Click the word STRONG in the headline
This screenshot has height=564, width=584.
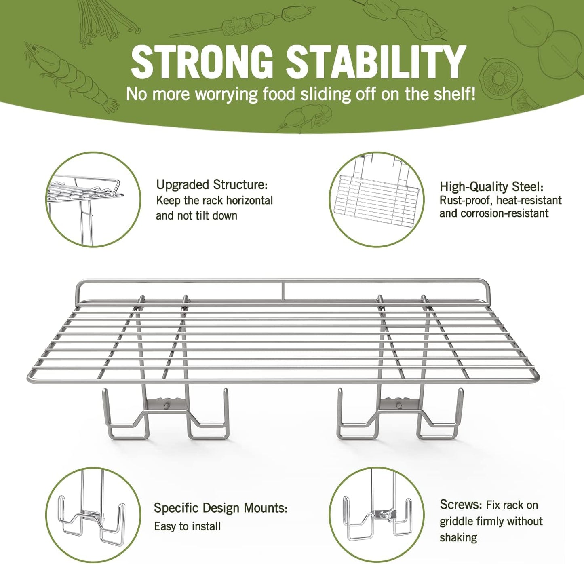coord(202,62)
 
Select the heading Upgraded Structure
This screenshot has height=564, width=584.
coord(212,185)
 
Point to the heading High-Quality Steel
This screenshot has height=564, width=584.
coord(491,187)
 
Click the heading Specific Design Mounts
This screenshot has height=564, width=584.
coord(221,507)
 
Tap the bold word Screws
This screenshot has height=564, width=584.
coord(460,505)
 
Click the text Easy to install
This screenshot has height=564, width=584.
coord(187,526)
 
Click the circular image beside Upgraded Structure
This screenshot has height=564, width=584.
coord(93,199)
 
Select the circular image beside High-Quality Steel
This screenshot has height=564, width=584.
coord(377,199)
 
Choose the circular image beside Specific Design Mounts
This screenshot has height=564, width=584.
coord(93,515)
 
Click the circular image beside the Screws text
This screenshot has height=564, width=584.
coord(377,515)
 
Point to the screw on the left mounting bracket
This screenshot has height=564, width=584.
coord(166,406)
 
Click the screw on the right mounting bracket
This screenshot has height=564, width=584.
coord(399,405)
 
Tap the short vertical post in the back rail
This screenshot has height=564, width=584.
coord(283,291)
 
